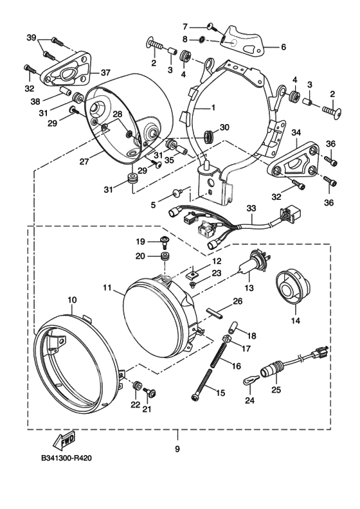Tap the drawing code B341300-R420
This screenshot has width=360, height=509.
[66, 458]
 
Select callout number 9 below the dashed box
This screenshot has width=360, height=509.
[177, 449]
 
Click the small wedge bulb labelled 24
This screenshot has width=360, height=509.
[251, 381]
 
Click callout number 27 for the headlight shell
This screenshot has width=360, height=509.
[84, 161]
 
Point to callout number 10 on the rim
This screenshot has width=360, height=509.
[72, 299]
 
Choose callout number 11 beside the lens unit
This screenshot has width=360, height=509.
[107, 287]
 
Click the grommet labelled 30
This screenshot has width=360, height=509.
[209, 136]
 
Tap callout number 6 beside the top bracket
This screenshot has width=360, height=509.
[283, 47]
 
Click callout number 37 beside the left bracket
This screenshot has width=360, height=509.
[105, 73]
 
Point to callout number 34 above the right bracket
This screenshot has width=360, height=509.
[296, 132]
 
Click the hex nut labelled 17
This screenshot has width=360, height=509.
[226, 339]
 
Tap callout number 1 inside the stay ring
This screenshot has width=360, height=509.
[213, 107]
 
